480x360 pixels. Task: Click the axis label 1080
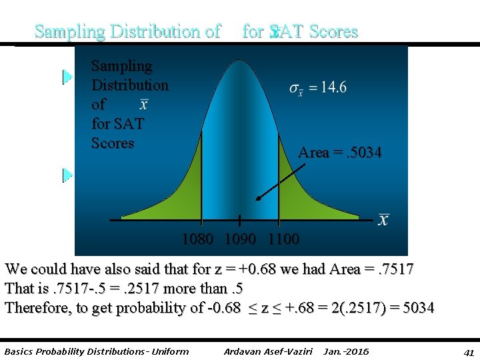[198, 239]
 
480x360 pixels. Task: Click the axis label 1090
[241, 239]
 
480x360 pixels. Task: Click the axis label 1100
[283, 239]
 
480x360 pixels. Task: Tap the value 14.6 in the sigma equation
[331, 88]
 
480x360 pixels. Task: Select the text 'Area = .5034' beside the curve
[340, 153]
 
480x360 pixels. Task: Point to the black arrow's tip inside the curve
[258, 199]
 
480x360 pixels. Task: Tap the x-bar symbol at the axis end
[383, 220]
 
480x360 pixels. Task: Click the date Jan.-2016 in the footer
[345, 351]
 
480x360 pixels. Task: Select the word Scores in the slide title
[333, 31]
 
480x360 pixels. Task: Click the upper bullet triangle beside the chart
[67, 77]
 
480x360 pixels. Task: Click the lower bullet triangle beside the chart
[67, 175]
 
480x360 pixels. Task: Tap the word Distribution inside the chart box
[130, 85]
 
